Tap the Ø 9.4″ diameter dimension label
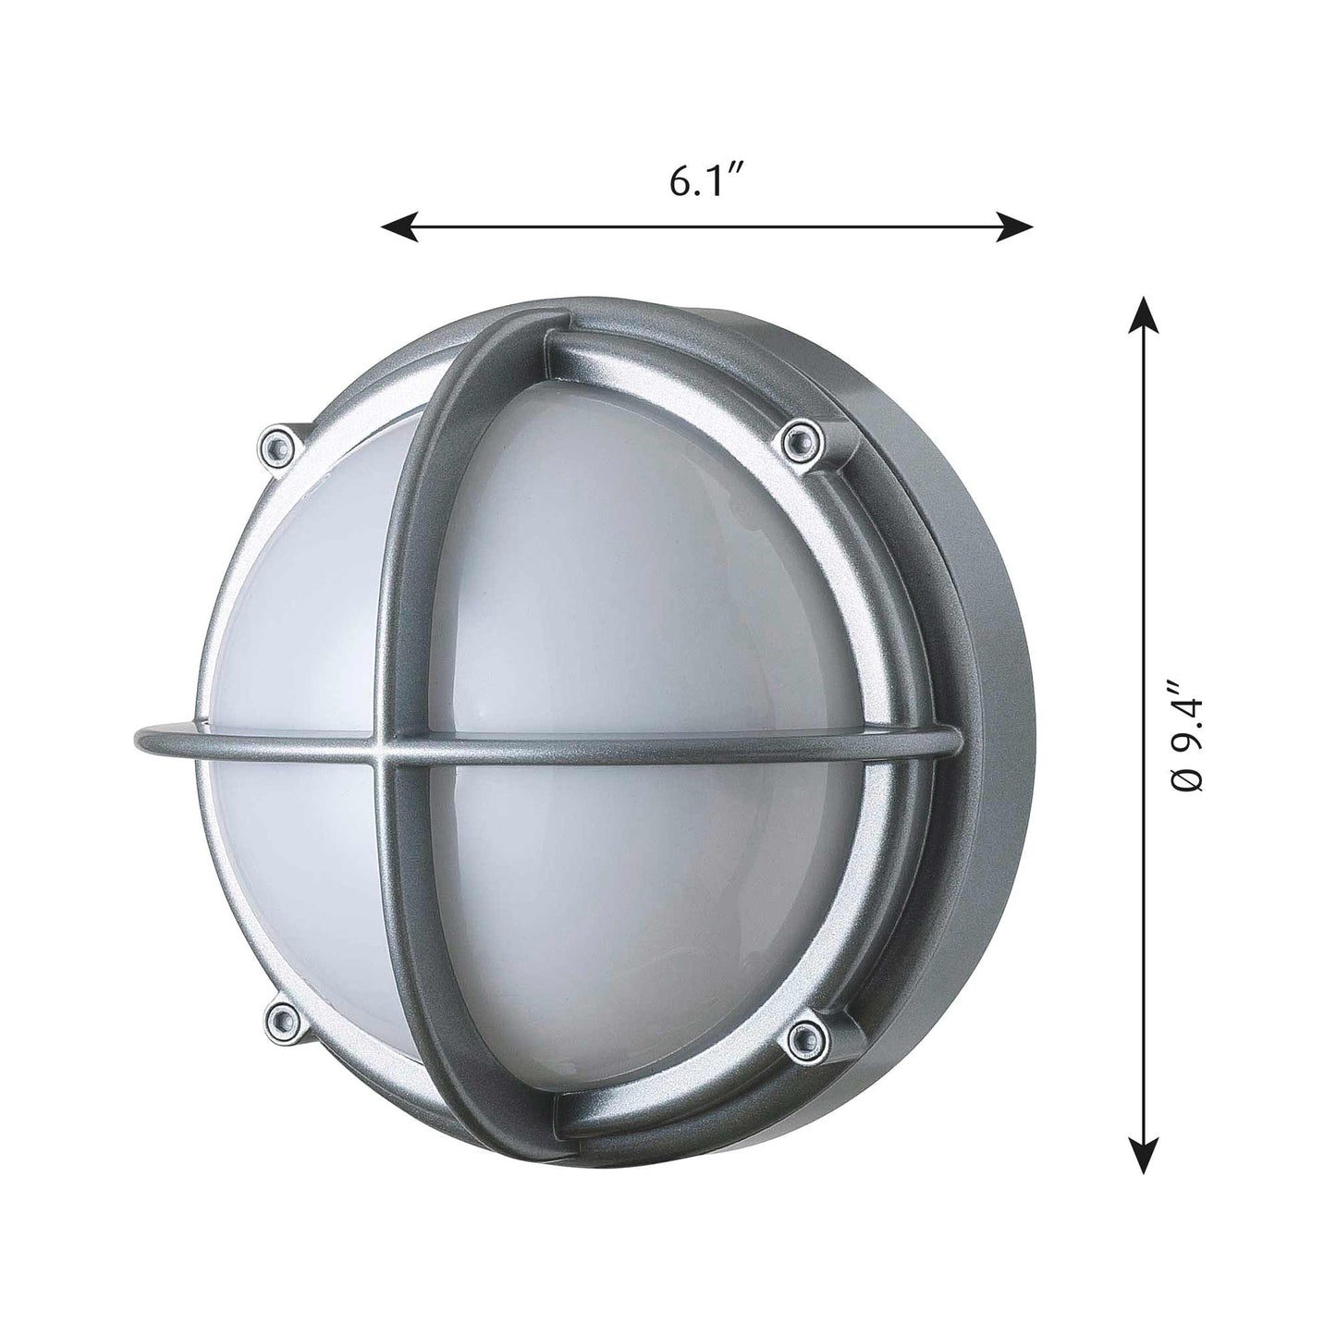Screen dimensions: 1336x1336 pos(1187,736)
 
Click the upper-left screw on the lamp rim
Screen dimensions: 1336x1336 pos(276,447)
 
